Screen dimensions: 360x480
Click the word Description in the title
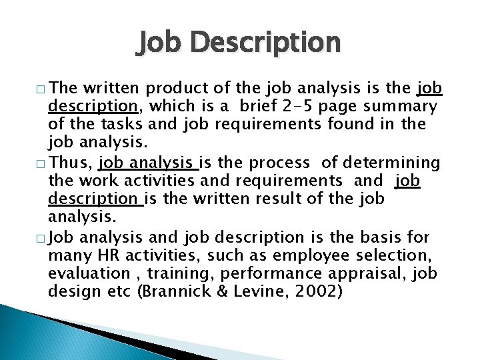point(265,43)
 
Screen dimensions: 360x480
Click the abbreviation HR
point(103,255)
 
